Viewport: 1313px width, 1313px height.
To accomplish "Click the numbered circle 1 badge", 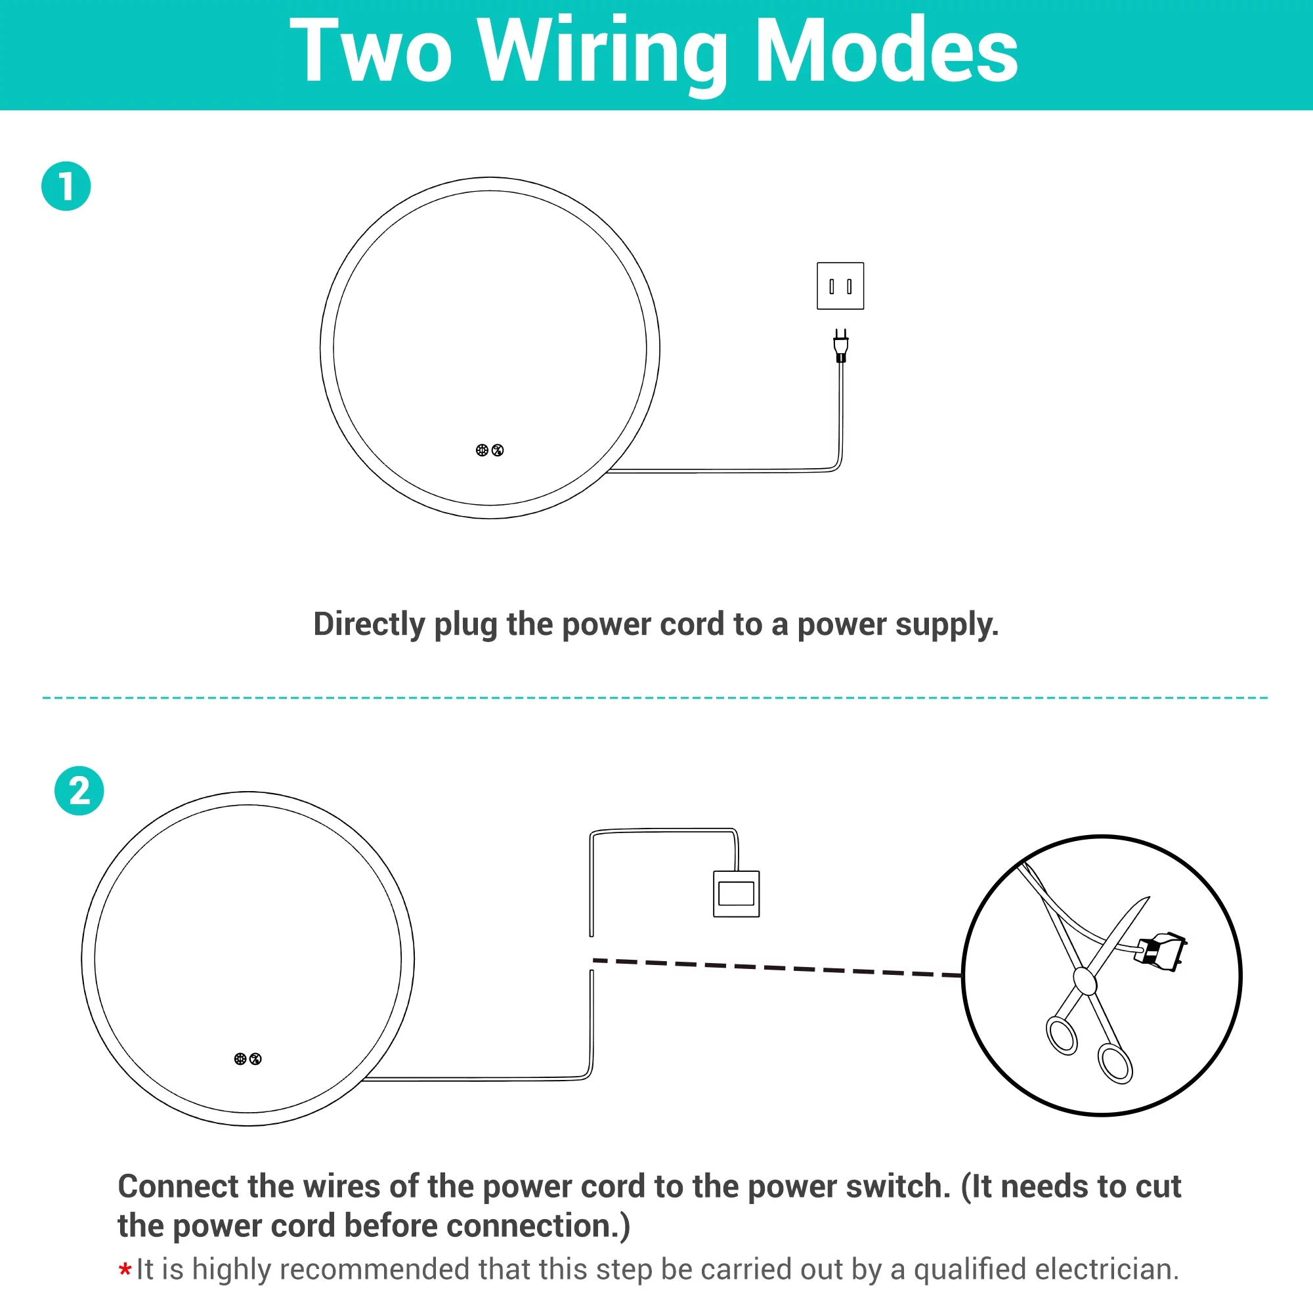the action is [x=66, y=186].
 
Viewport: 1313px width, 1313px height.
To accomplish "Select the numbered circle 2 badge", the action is [x=79, y=791].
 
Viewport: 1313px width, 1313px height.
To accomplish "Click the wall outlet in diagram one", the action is [x=840, y=286].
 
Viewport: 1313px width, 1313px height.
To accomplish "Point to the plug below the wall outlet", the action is [x=841, y=345].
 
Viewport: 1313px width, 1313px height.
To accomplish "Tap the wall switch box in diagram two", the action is [x=736, y=893].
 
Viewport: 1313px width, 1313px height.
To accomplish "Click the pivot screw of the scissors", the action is [x=1084, y=981].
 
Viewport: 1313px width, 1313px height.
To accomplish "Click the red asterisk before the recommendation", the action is [x=125, y=1270].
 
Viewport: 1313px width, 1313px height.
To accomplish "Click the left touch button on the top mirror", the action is [x=482, y=450].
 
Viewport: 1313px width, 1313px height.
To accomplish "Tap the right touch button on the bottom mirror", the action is [x=255, y=1059].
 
